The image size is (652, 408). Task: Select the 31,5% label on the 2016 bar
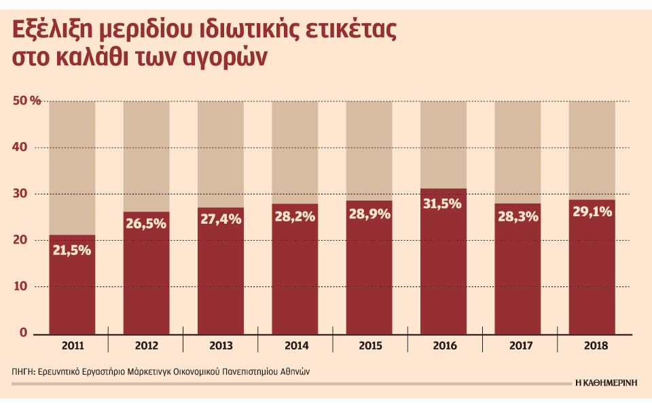click(x=443, y=203)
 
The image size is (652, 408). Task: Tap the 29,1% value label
click(x=592, y=212)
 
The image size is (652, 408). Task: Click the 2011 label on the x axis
click(x=72, y=346)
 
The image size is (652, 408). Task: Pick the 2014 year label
click(x=295, y=346)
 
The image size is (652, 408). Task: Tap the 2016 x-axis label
click(x=443, y=346)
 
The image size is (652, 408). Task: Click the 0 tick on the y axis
click(x=22, y=333)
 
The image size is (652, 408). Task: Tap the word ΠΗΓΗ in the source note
click(x=24, y=372)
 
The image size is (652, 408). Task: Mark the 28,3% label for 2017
click(x=518, y=217)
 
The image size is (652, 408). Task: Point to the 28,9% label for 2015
click(x=369, y=214)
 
